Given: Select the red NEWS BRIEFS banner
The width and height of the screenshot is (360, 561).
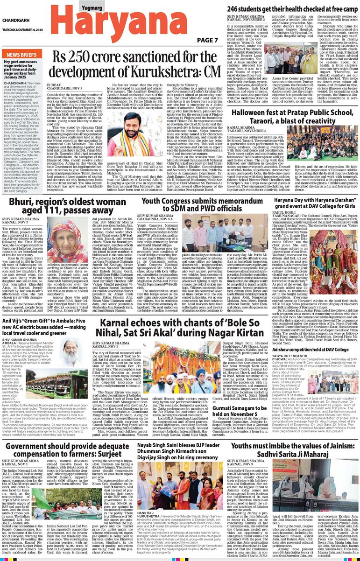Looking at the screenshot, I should [x=22, y=54].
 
